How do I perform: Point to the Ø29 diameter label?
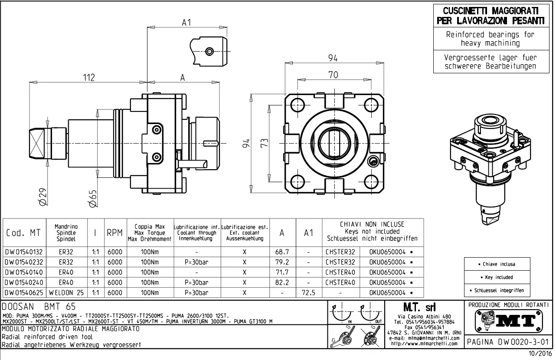[x=42, y=197]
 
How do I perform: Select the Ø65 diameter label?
[x=92, y=197]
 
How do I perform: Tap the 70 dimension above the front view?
[x=333, y=75]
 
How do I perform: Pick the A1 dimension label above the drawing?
[x=186, y=23]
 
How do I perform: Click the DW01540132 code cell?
[x=24, y=252]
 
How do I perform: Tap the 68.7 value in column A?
[x=282, y=252]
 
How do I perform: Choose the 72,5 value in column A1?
[x=308, y=293]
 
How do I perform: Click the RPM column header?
[x=114, y=233]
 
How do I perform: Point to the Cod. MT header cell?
[x=24, y=233]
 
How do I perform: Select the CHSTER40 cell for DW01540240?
[x=340, y=282]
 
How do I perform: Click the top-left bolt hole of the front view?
[x=298, y=105]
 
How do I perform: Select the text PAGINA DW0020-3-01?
[x=509, y=342]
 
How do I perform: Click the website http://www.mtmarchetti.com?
[x=424, y=344]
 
